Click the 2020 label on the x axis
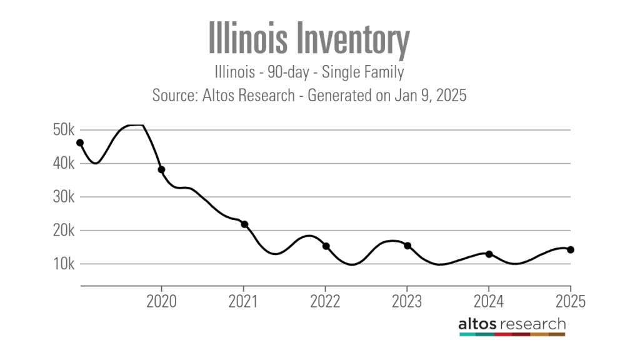point(162,302)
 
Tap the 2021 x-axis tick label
point(244,302)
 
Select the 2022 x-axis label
point(326,302)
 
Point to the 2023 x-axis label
point(407,302)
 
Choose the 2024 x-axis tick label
point(489,302)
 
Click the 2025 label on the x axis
point(570,302)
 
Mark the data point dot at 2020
point(161,169)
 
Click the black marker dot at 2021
point(244,224)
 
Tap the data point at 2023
point(407,246)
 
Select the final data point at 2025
point(571,250)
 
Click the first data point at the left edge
point(80,142)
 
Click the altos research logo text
point(512,324)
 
